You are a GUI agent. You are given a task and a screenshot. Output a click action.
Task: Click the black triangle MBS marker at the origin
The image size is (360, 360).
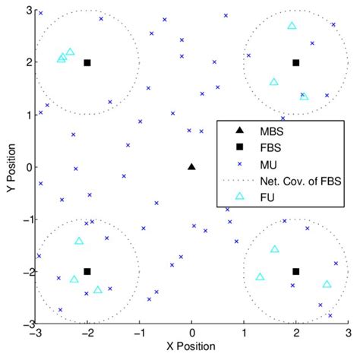pyautogui.click(x=191, y=166)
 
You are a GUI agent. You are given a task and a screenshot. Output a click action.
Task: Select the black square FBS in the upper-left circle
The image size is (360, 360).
pyautogui.click(x=87, y=63)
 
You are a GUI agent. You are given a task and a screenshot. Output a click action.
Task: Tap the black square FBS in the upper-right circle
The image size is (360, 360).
pyautogui.click(x=296, y=63)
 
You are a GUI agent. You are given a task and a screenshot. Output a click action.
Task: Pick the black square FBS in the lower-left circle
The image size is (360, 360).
pyautogui.click(x=87, y=271)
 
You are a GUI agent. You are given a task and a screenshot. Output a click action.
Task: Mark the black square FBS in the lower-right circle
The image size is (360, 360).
pyautogui.click(x=296, y=271)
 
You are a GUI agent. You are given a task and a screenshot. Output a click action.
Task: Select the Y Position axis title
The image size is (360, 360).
pyautogui.click(x=8, y=167)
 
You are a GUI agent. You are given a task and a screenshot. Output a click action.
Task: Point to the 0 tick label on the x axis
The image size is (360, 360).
pyautogui.click(x=191, y=333)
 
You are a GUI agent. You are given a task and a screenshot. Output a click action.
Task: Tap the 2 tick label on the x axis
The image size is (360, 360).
pyautogui.click(x=296, y=333)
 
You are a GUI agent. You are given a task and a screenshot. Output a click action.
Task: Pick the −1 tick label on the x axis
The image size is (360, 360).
pyautogui.click(x=138, y=333)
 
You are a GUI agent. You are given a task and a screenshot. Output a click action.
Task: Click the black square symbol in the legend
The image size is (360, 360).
pyautogui.click(x=238, y=146)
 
